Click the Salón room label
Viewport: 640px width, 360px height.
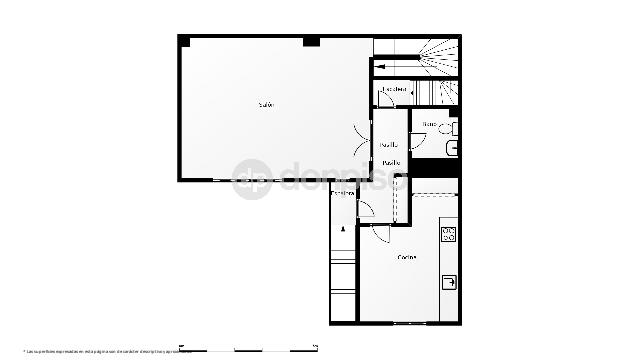pos(266,105)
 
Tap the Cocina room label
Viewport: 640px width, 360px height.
pos(406,258)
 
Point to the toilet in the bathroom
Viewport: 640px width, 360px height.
pos(452,129)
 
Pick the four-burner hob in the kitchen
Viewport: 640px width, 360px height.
pos(449,236)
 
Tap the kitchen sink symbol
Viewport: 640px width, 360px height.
pos(450,281)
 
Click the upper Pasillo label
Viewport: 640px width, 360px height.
pos(389,144)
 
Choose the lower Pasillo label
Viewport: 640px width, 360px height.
pos(392,163)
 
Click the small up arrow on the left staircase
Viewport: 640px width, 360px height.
pos(344,229)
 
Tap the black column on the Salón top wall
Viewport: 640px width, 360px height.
pos(312,41)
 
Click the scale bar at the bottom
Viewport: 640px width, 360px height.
pos(250,350)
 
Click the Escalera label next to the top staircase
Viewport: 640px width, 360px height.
pos(395,90)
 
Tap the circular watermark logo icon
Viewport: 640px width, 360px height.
pos(250,180)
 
